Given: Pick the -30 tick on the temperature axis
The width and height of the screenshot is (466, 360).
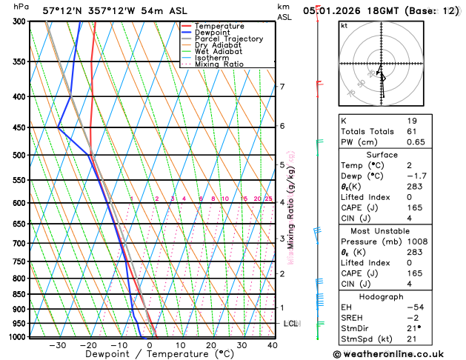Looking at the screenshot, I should coord(58,345).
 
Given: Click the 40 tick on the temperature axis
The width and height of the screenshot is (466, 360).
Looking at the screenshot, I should coord(273,345).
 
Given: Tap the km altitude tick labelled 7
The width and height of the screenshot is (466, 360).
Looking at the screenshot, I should coord(282,87).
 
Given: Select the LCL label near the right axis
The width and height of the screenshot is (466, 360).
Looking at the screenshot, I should coord(291,324).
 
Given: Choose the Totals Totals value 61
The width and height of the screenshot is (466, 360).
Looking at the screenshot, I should coord(412,130).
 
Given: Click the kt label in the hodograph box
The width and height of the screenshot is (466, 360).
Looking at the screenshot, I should coord(344,25).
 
